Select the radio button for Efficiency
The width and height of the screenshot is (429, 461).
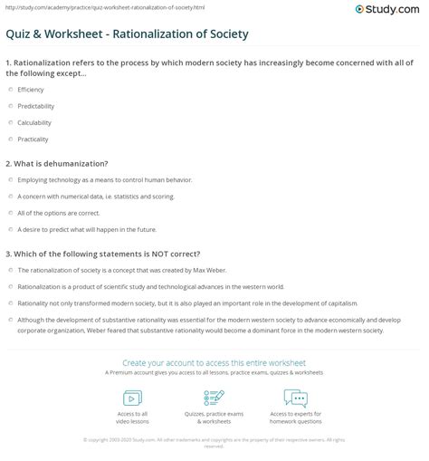click(10, 91)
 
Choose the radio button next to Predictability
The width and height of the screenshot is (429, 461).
click(10, 107)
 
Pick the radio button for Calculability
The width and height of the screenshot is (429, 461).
click(10, 122)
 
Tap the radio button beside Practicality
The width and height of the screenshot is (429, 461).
click(10, 139)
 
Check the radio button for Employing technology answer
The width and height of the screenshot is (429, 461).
click(10, 180)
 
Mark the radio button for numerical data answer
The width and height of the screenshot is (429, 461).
click(10, 196)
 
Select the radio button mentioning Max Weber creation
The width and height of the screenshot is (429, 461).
click(10, 270)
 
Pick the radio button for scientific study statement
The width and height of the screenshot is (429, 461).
click(10, 285)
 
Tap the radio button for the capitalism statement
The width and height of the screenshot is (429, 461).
click(10, 302)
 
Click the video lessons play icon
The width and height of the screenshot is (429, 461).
click(132, 398)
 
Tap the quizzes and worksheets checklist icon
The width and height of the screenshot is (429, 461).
click(214, 398)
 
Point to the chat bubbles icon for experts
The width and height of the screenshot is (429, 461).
click(296, 398)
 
